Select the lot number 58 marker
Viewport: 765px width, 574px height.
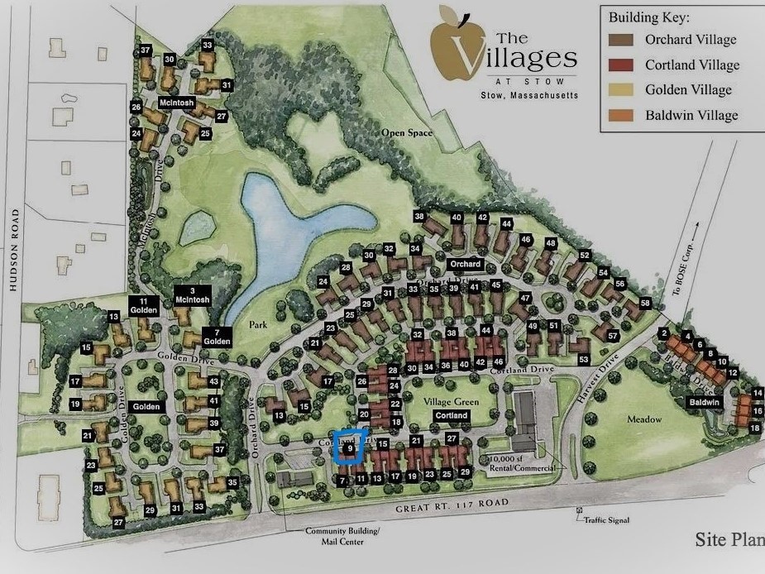point(645,304)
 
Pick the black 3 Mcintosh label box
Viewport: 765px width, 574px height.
point(194,295)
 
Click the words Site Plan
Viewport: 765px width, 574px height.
point(728,540)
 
